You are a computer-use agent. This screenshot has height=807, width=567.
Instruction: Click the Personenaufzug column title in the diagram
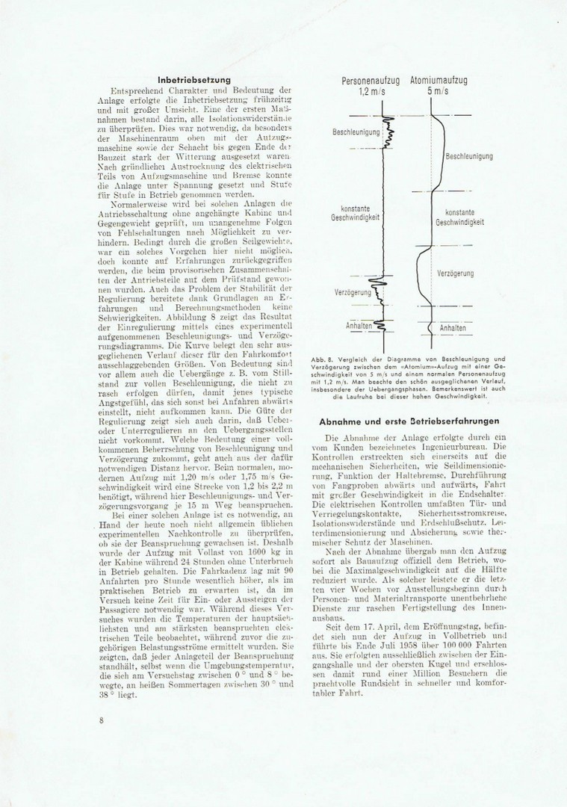[x=371, y=80]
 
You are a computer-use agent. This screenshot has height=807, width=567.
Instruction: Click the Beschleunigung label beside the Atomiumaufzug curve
[x=468, y=156]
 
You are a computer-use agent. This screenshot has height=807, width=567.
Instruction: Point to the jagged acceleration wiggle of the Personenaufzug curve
[x=388, y=134]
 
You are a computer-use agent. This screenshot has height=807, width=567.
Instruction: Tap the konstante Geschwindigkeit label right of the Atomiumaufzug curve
[x=459, y=217]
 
